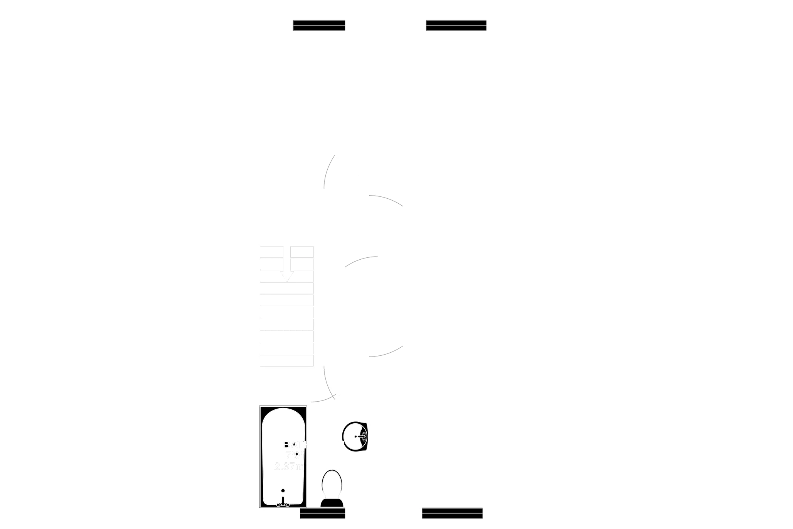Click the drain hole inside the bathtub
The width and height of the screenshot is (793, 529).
click(x=283, y=490)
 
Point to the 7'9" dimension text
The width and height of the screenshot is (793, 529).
click(x=294, y=456)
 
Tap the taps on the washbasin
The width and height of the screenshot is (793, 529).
click(x=362, y=436)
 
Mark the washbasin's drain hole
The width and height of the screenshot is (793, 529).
click(x=356, y=436)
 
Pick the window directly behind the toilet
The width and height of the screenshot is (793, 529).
click(x=322, y=514)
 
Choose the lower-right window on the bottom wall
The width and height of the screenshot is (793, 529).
click(x=452, y=514)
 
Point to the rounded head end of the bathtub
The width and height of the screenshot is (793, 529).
click(x=284, y=417)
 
